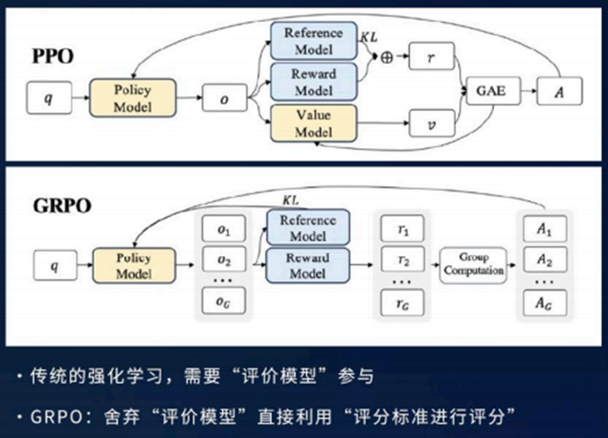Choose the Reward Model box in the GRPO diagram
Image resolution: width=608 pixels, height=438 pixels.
click(308, 266)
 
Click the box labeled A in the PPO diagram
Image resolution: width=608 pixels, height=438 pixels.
click(559, 91)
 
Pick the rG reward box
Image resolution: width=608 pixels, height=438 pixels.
click(403, 301)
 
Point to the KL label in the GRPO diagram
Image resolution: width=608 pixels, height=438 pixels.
click(291, 199)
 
